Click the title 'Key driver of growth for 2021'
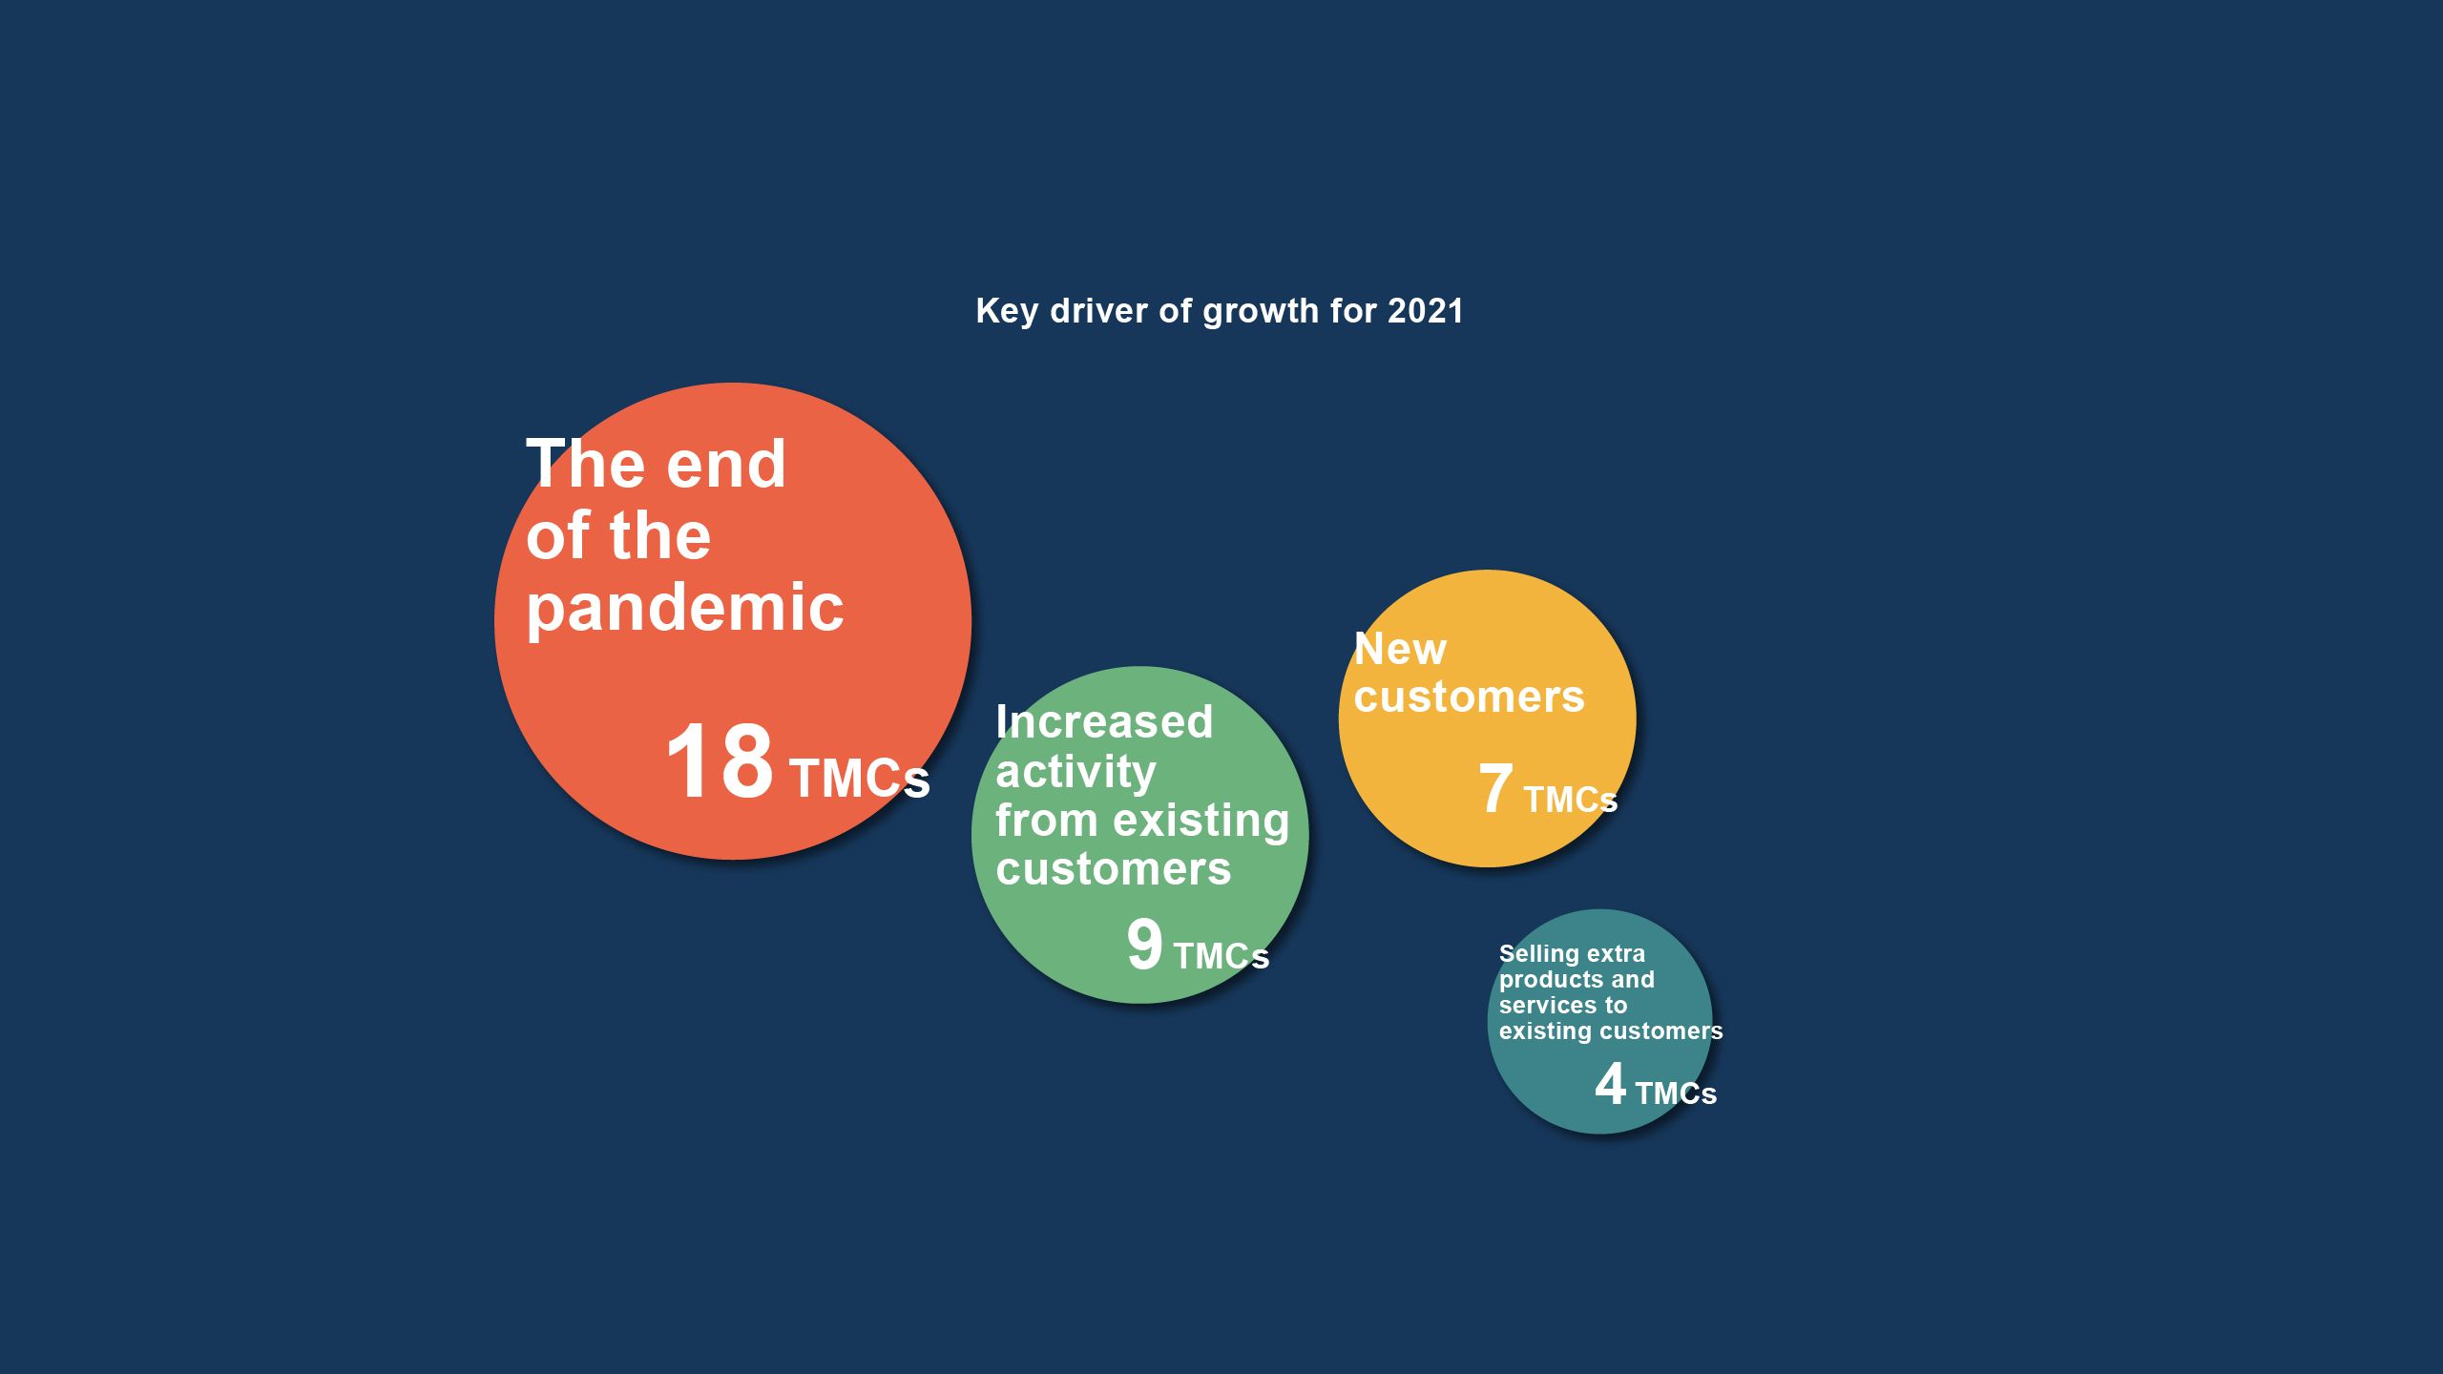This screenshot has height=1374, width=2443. (1219, 311)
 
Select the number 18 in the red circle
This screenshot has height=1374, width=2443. (720, 760)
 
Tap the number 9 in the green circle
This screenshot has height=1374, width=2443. (1144, 945)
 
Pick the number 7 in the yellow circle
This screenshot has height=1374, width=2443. (1495, 788)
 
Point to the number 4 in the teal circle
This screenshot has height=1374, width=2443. (1610, 1084)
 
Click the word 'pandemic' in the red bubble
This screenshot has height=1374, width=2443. (685, 609)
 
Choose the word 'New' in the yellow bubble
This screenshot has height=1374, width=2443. (1400, 649)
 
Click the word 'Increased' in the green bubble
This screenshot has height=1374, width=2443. (1104, 721)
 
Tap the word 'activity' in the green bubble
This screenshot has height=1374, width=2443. (1075, 772)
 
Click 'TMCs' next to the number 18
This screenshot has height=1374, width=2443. (859, 779)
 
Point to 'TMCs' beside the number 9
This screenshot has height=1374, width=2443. (1221, 956)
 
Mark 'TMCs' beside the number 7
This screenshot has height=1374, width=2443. (1570, 800)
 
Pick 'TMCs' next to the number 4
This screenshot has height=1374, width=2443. (1676, 1093)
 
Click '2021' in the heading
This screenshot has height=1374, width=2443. (1425, 311)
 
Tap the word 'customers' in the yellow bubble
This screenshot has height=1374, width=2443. (1469, 697)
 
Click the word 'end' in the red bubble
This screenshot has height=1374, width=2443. (726, 465)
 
